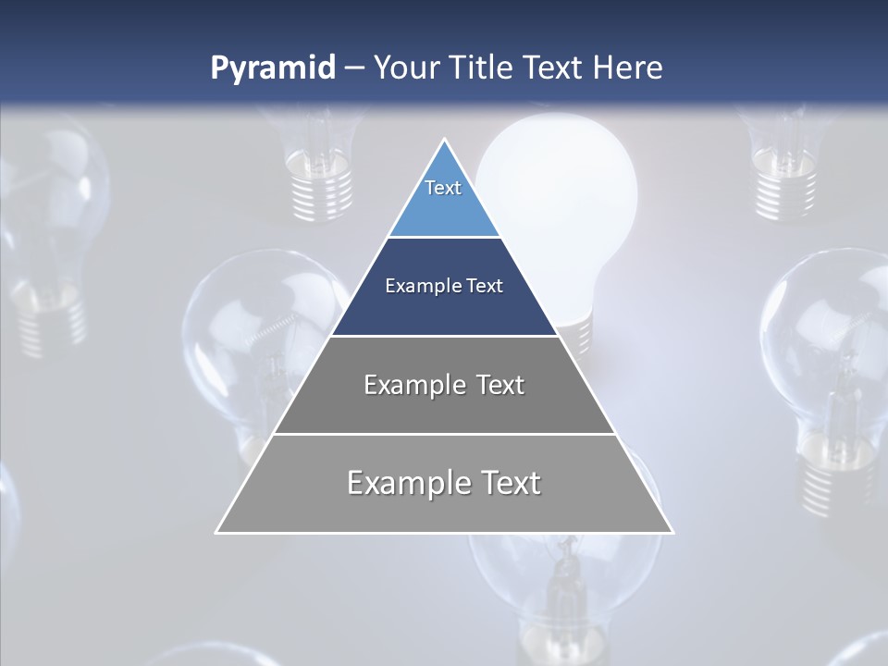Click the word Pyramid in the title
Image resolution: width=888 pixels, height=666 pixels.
pyautogui.click(x=272, y=68)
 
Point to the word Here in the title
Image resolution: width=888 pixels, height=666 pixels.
pyautogui.click(x=628, y=68)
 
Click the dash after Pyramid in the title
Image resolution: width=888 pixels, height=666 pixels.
pyautogui.click(x=354, y=69)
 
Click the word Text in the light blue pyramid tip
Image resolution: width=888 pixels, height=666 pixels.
pyautogui.click(x=443, y=188)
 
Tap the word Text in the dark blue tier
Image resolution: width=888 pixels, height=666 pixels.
pyautogui.click(x=485, y=287)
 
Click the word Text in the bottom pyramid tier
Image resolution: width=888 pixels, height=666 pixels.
pyautogui.click(x=509, y=483)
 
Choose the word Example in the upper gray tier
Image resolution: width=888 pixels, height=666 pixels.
pyautogui.click(x=414, y=385)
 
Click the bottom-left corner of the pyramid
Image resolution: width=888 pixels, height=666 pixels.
pyautogui.click(x=216, y=532)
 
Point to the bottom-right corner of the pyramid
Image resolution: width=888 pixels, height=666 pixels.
pyautogui.click(x=672, y=532)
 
